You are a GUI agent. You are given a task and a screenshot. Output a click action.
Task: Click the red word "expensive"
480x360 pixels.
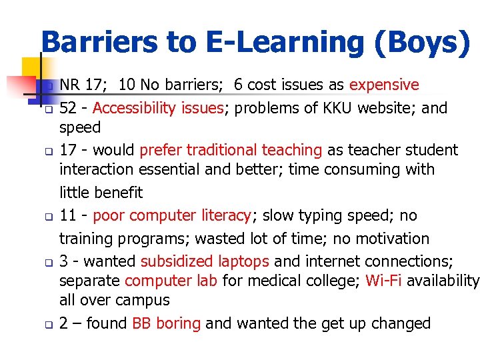tap(384, 85)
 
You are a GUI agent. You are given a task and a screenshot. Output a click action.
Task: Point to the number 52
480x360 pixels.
tap(67, 108)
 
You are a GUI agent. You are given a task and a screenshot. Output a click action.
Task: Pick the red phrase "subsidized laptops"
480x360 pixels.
tap(205, 261)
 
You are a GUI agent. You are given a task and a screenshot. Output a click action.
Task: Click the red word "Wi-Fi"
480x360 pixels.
tap(384, 281)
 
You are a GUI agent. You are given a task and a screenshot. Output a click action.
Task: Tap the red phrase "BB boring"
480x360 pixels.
tap(166, 324)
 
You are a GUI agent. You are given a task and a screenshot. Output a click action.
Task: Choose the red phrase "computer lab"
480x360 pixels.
tap(171, 281)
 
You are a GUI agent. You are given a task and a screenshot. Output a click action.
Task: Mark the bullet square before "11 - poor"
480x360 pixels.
tap(48, 217)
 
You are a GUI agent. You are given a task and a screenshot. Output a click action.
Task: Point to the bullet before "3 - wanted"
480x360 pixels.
tap(48, 263)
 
